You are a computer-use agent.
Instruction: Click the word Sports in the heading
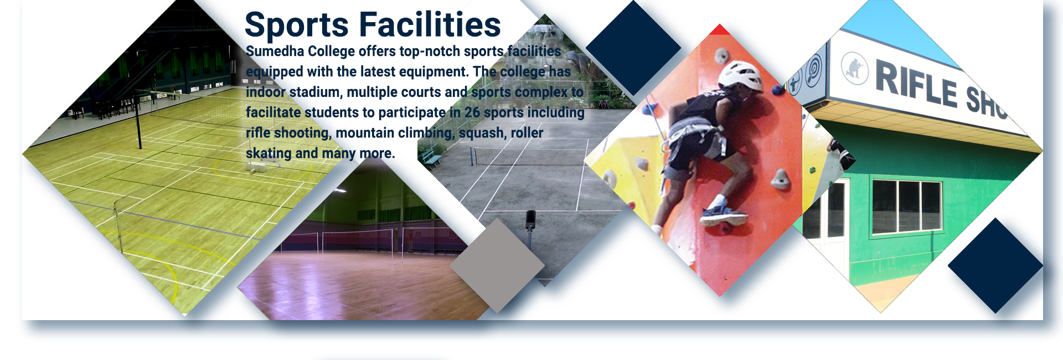pyautogui.click(x=297, y=25)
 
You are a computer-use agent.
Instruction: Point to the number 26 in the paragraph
pyautogui.click(x=472, y=112)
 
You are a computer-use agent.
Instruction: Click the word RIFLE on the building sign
pyautogui.click(x=916, y=84)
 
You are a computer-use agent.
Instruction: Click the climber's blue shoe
pyautogui.click(x=721, y=214)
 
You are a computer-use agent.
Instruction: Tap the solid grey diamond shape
pyautogui.click(x=497, y=265)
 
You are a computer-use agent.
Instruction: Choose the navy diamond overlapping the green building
pyautogui.click(x=995, y=265)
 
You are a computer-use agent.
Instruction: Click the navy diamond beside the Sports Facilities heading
pyautogui.click(x=633, y=48)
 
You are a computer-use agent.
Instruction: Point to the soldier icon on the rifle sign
pyautogui.click(x=855, y=68)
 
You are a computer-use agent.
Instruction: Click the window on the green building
pyautogui.click(x=906, y=206)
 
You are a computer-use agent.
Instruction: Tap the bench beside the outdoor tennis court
pyautogui.click(x=432, y=160)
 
